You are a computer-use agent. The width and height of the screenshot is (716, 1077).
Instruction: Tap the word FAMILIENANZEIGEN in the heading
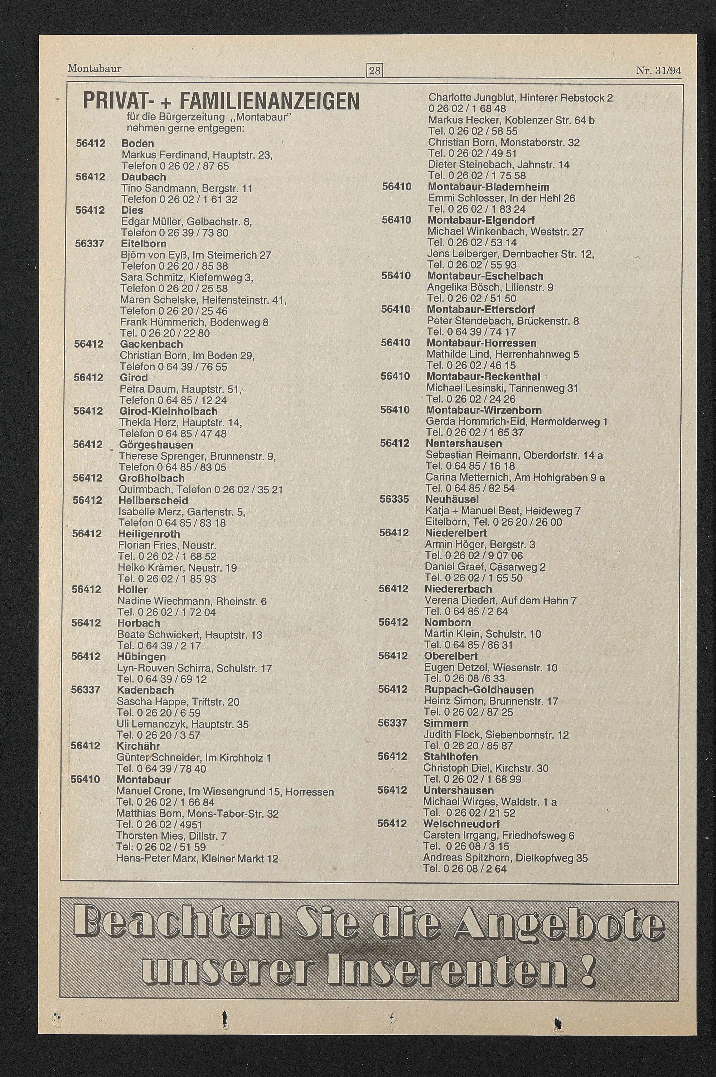point(270,101)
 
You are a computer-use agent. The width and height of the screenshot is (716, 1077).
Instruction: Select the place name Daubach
point(144,177)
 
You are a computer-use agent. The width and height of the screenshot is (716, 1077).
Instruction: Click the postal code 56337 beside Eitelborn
point(89,243)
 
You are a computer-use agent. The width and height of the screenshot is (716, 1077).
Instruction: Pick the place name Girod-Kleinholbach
point(168,411)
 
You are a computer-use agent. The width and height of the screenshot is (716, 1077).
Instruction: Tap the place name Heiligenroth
point(149,534)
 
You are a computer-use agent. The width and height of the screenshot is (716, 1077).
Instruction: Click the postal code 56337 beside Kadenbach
point(86,690)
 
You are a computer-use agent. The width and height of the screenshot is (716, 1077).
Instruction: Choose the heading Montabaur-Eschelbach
point(485,276)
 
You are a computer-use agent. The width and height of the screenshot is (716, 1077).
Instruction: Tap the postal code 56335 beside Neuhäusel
point(394,499)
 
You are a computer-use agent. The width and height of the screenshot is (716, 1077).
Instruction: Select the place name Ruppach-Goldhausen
point(479,689)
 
